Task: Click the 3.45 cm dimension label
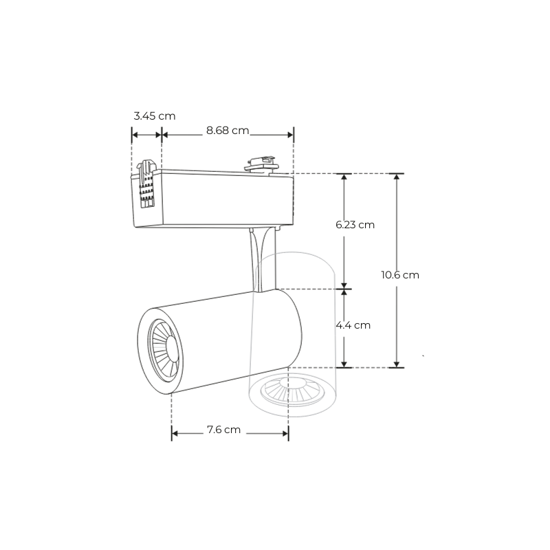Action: pos(154,115)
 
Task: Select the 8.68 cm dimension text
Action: pos(228,131)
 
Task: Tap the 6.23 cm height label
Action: pos(355,225)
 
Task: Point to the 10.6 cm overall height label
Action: pos(400,274)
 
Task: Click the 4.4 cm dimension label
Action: pos(353,325)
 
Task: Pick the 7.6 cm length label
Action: pos(223,430)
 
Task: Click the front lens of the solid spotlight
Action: pos(165,351)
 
